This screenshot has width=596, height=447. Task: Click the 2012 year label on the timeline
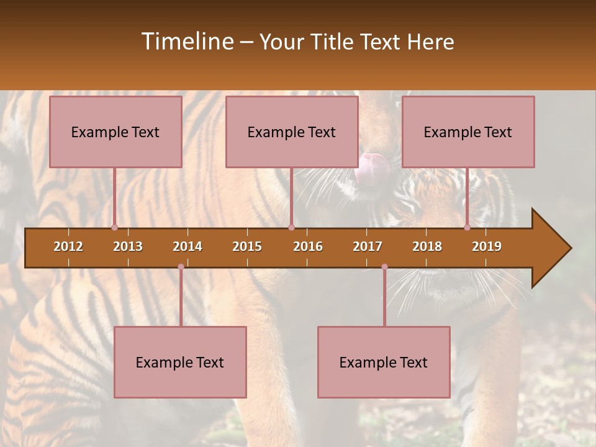click(68, 246)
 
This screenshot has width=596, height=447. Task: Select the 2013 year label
click(128, 246)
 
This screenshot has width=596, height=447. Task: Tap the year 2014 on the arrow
click(187, 246)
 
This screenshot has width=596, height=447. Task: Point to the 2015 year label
click(247, 246)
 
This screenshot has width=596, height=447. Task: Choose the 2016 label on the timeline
click(308, 246)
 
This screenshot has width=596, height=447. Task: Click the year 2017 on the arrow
click(368, 246)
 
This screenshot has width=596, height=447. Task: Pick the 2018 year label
click(427, 246)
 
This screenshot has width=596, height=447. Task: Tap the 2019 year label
click(487, 246)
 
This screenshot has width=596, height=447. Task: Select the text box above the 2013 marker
click(115, 132)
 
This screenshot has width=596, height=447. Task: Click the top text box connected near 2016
click(292, 132)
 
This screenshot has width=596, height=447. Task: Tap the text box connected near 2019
click(468, 132)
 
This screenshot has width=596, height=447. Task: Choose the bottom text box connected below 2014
click(180, 362)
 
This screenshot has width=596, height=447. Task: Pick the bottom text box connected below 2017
click(384, 362)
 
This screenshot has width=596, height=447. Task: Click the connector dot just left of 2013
click(114, 227)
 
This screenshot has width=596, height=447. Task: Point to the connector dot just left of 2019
click(467, 227)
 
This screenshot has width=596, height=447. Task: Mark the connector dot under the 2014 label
click(181, 267)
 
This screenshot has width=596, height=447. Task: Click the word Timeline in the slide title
click(186, 42)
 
